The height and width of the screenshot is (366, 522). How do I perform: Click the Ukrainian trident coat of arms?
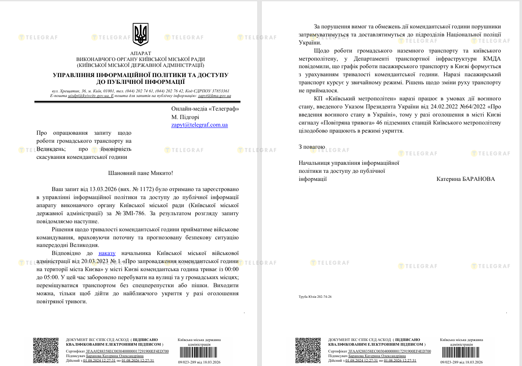(x=140, y=34)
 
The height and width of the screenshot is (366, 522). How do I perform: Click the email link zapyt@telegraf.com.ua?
(x=200, y=125)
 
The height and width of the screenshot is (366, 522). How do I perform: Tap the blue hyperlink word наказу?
(x=107, y=253)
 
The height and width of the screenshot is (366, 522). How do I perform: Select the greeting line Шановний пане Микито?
(x=141, y=173)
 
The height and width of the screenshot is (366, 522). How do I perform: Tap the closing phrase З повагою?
(x=311, y=147)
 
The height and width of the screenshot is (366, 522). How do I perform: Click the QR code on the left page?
(x=46, y=350)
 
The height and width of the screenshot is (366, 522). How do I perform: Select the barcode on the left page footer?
(x=199, y=353)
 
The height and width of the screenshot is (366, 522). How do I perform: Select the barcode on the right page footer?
(x=461, y=353)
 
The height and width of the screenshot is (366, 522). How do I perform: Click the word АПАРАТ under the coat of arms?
(x=140, y=53)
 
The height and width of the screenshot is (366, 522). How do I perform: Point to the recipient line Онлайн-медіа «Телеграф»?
(x=205, y=109)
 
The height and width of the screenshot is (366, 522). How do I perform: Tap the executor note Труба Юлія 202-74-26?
(x=315, y=297)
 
